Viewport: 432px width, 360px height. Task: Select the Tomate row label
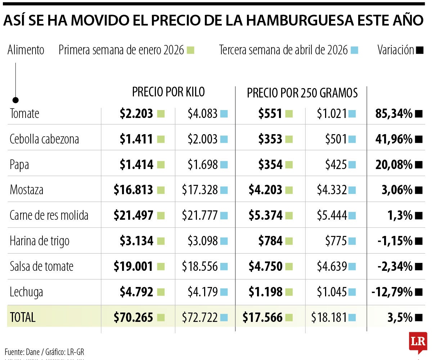coord(24,114)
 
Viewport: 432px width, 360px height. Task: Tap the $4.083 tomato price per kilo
coord(202,114)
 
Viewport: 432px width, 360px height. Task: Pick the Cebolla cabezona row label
coord(44,139)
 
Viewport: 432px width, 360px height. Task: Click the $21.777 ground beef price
coord(200,216)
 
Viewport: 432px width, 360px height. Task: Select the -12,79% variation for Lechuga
coord(392,292)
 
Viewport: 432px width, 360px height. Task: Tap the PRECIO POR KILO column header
coord(168,92)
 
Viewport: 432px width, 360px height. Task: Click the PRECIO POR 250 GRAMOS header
coord(302,93)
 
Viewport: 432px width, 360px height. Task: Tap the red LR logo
coord(418,342)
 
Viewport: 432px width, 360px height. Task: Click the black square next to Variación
coord(419,50)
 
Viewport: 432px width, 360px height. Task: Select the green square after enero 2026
coord(191,50)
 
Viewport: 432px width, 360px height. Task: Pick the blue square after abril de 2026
coord(355,50)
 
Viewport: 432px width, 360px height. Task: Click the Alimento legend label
coord(26,50)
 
